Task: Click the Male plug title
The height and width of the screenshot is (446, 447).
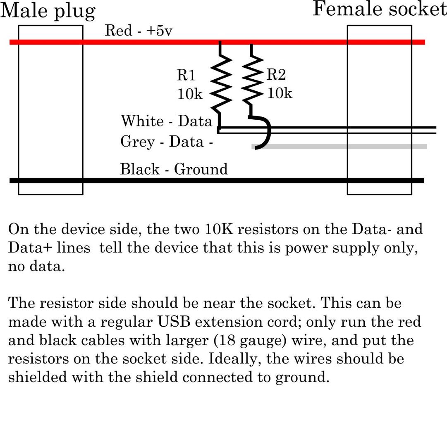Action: click(48, 11)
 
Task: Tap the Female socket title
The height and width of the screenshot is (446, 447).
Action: click(379, 9)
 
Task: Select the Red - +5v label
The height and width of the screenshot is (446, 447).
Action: click(138, 31)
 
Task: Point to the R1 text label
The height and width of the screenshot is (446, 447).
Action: click(186, 75)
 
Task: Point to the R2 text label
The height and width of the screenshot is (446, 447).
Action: click(276, 75)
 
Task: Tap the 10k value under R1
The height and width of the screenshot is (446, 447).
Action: click(190, 94)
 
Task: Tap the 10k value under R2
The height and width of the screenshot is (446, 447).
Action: click(280, 93)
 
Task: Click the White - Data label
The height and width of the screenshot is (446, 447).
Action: click(166, 121)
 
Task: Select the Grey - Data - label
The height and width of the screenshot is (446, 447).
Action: click(167, 142)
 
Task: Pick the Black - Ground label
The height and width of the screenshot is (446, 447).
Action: click(174, 169)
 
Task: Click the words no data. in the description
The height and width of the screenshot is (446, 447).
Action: click(36, 267)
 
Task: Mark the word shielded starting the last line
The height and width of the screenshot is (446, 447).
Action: click(37, 377)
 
